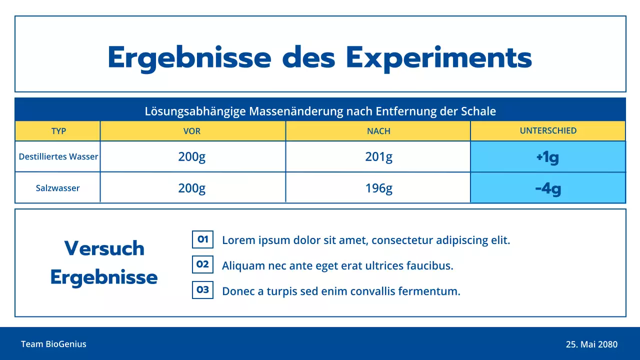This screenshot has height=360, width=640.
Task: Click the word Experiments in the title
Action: coord(438,58)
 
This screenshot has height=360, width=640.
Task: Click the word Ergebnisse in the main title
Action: coord(189,58)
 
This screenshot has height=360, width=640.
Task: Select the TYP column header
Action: coord(58,131)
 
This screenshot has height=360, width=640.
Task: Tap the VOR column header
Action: coord(192,131)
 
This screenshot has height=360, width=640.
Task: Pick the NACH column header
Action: coord(378,131)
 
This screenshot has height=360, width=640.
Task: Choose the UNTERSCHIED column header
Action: coord(548,131)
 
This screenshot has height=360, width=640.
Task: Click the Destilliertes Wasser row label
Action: coord(58,156)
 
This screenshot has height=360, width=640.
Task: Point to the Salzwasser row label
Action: coord(58,188)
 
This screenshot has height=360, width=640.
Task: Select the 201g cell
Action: coord(378,157)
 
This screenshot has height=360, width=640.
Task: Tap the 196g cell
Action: coord(378,188)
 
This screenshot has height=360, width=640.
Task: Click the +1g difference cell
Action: coord(547,157)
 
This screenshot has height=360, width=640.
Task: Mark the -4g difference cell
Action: coord(548,188)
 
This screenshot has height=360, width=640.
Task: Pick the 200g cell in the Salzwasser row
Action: coord(192,188)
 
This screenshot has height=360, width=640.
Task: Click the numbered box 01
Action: coord(202,239)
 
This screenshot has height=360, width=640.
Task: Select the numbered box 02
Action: coord(202,264)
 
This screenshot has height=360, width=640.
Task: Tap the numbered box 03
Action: coord(202,289)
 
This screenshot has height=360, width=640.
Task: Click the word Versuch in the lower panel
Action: coord(104,248)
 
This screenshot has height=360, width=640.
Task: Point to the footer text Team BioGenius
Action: coord(53,344)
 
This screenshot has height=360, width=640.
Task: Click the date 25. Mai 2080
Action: coord(591,344)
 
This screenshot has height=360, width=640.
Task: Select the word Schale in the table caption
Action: coord(478,111)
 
